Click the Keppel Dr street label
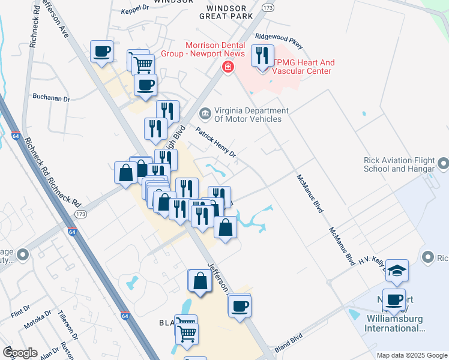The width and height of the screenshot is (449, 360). coord(135,8)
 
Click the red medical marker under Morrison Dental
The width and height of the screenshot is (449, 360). coord(228,67)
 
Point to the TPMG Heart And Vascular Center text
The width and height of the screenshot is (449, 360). coord(304,67)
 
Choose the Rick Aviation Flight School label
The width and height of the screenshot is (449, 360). coord(399,164)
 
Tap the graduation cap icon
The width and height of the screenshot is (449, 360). coord(397,271)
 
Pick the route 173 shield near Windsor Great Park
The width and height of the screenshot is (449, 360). coord(268,8)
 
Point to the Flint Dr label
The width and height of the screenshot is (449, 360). coord(20,310)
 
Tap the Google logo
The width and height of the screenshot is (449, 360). coord(20,352)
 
